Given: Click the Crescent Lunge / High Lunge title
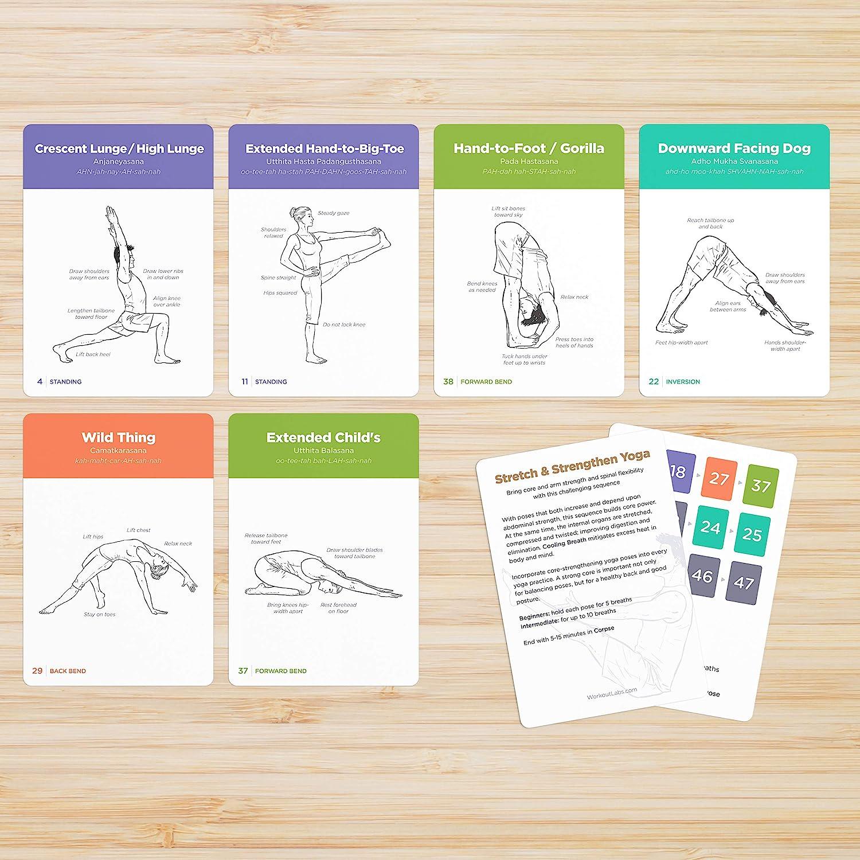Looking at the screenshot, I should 119,149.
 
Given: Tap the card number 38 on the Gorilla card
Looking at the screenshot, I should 448,381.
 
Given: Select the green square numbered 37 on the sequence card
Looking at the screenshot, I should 761,486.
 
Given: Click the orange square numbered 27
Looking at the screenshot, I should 718,479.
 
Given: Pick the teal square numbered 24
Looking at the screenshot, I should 710,527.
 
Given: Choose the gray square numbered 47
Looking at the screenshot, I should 744,583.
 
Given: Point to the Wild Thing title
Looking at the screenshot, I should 118,438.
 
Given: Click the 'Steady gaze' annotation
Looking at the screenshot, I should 333,213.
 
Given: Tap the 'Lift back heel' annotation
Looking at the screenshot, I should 93,354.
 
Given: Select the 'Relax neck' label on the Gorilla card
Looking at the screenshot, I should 574,297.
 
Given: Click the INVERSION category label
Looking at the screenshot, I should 683,382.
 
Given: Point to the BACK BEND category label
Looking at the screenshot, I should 68,671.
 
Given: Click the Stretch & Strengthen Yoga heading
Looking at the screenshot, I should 572,467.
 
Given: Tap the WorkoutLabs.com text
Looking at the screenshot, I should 612,694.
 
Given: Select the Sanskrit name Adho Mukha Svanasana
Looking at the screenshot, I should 734,162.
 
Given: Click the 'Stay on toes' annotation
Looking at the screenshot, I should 100,615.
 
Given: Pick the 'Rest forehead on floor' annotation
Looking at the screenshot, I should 338,608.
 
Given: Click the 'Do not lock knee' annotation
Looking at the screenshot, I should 343,325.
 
